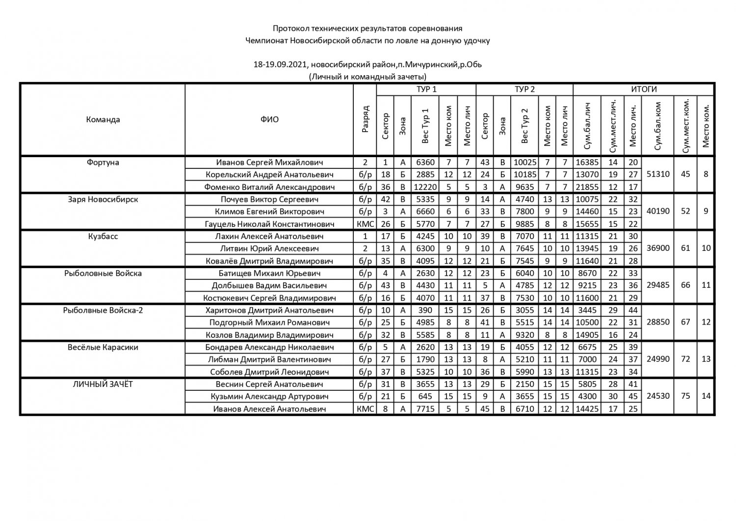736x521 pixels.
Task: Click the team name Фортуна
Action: pos(103,163)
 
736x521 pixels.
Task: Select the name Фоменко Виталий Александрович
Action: pos(269,187)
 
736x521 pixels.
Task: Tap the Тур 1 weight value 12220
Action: pos(425,187)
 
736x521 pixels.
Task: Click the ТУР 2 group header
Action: pos(524,89)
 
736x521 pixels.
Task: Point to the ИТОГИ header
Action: pos(643,89)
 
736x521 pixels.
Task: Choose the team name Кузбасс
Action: pos(103,236)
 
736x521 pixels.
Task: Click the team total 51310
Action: pos(658,174)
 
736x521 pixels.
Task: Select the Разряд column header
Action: pos(365,119)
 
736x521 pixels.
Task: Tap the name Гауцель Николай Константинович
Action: pos(269,224)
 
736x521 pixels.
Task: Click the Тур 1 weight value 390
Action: pos(425,310)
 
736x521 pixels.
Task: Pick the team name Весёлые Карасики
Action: pos(103,347)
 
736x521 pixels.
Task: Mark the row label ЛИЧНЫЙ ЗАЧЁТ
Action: pos(103,384)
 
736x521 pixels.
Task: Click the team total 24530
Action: pos(658,396)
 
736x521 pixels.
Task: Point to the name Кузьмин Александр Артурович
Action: pos(269,396)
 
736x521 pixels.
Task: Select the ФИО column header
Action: pos(269,119)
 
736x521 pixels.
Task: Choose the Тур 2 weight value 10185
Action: pos(524,174)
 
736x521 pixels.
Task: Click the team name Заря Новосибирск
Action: pos(103,199)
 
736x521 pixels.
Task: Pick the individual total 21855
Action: pos(587,187)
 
